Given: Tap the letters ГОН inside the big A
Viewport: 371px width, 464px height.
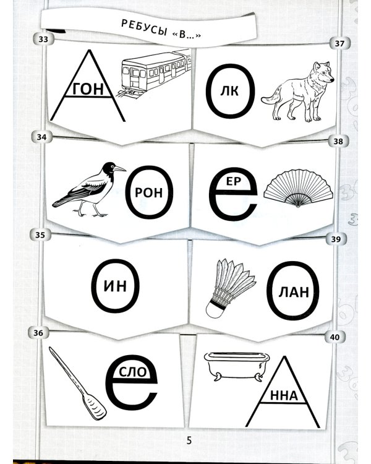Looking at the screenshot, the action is tap(88, 88).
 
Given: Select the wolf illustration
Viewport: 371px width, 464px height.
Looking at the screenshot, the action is tap(297, 92).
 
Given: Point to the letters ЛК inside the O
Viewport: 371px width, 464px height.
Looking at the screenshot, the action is tap(229, 92).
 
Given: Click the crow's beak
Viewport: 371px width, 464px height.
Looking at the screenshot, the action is tap(119, 169).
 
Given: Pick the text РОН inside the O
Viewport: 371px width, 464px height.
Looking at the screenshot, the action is tap(149, 192).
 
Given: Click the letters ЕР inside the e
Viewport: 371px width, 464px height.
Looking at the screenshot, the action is tap(234, 181).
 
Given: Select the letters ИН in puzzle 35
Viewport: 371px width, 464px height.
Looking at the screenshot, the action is tap(116, 286).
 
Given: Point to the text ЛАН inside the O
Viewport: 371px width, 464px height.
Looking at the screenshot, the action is tap(294, 292).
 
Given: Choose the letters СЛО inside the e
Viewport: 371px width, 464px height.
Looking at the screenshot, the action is tap(133, 372).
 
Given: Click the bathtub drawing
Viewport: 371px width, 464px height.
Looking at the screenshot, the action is tap(237, 366).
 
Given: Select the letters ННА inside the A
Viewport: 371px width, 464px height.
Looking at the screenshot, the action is tap(284, 396).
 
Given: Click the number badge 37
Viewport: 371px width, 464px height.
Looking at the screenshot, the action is tap(339, 44).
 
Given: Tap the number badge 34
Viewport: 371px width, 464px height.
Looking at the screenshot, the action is tap(41, 137).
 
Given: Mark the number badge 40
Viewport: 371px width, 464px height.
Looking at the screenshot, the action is tap(335, 337).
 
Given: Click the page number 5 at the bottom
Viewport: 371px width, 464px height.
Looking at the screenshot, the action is tap(189, 440).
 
